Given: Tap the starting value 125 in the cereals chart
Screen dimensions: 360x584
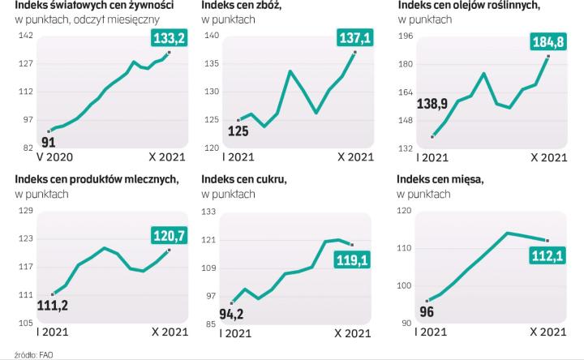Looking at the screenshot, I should (238, 131).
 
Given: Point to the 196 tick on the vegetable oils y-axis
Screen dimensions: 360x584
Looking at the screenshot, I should (406, 36).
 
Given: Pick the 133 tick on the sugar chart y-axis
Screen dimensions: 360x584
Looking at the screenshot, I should (209, 212).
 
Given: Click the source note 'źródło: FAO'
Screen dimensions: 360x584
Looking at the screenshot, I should (25, 354).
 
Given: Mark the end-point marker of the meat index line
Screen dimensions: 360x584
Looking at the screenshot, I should (547, 240).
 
